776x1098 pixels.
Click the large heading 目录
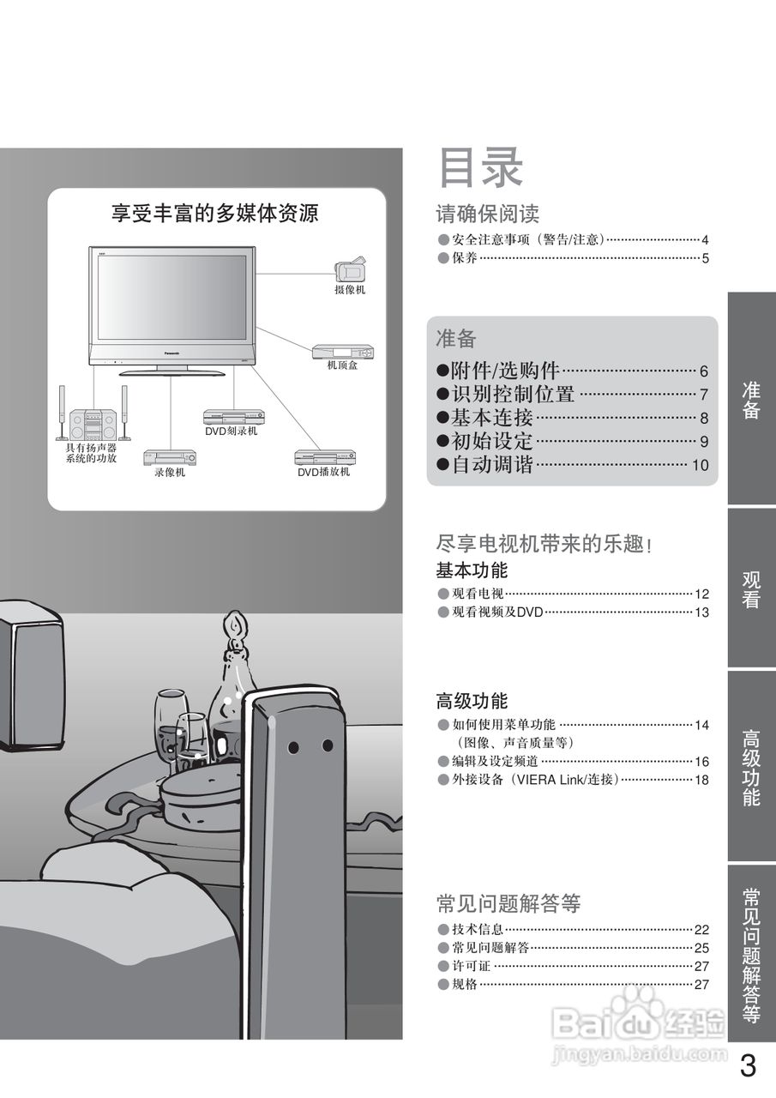(x=480, y=168)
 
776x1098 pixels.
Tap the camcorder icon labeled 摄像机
(x=350, y=269)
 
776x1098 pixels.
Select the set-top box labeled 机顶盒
(x=343, y=351)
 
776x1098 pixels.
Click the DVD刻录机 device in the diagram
(x=233, y=416)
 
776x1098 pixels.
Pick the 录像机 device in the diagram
(x=169, y=457)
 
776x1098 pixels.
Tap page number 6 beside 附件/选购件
(x=703, y=371)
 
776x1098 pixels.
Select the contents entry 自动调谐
(x=492, y=465)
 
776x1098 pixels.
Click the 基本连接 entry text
(x=492, y=418)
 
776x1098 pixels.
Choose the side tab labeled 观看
(x=751, y=589)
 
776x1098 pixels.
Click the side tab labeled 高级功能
(x=751, y=767)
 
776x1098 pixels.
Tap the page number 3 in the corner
(x=748, y=1066)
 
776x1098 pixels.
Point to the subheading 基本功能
(x=472, y=570)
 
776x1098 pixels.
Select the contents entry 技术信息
(x=478, y=929)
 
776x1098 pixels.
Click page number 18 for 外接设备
(x=701, y=780)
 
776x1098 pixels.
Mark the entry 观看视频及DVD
(x=497, y=612)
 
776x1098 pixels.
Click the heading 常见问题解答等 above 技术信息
(x=508, y=903)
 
